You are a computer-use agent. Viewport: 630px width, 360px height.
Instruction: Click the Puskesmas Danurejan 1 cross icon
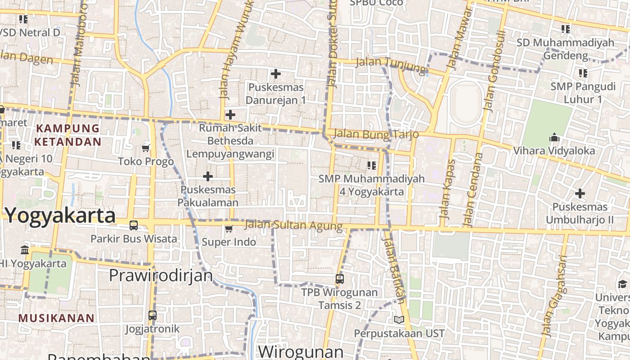pyautogui.click(x=276, y=73)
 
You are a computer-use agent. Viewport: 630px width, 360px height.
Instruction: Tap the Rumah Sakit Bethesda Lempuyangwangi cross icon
pyautogui.click(x=230, y=115)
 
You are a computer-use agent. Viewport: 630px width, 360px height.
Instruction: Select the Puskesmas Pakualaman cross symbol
pyautogui.click(x=208, y=176)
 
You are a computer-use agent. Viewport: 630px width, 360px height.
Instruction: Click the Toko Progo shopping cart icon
pyautogui.click(x=146, y=148)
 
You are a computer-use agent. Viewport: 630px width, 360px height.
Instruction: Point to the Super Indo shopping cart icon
pyautogui.click(x=229, y=229)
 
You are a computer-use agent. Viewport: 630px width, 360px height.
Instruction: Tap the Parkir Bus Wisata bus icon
pyautogui.click(x=134, y=225)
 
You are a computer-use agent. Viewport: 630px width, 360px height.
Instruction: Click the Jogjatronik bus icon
pyautogui.click(x=153, y=315)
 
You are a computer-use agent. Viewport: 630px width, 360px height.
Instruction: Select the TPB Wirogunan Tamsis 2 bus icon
pyautogui.click(x=340, y=279)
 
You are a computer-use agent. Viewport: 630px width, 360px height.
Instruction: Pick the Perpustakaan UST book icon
pyautogui.click(x=399, y=319)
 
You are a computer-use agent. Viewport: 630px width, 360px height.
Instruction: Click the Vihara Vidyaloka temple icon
pyautogui.click(x=554, y=137)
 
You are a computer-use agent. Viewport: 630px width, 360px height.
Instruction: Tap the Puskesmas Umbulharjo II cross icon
pyautogui.click(x=580, y=194)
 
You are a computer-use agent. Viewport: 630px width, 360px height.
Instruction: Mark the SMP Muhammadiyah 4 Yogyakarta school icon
pyautogui.click(x=372, y=166)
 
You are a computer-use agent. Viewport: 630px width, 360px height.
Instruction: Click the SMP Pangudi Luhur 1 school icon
pyautogui.click(x=583, y=73)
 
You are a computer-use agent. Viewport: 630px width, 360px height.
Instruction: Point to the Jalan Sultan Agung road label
pyautogui.click(x=294, y=225)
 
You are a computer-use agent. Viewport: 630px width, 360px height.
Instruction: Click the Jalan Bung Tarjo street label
pyautogui.click(x=376, y=134)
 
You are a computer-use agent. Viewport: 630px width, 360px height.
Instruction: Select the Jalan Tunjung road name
pyautogui.click(x=390, y=65)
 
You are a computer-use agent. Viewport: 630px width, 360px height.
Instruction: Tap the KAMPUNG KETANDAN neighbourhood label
pyautogui.click(x=68, y=135)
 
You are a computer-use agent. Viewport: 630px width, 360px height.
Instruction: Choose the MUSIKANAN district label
pyautogui.click(x=57, y=318)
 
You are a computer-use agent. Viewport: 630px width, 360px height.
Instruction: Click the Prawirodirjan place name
pyautogui.click(x=161, y=275)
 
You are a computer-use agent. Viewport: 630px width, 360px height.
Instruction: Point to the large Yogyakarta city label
pyautogui.click(x=60, y=216)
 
